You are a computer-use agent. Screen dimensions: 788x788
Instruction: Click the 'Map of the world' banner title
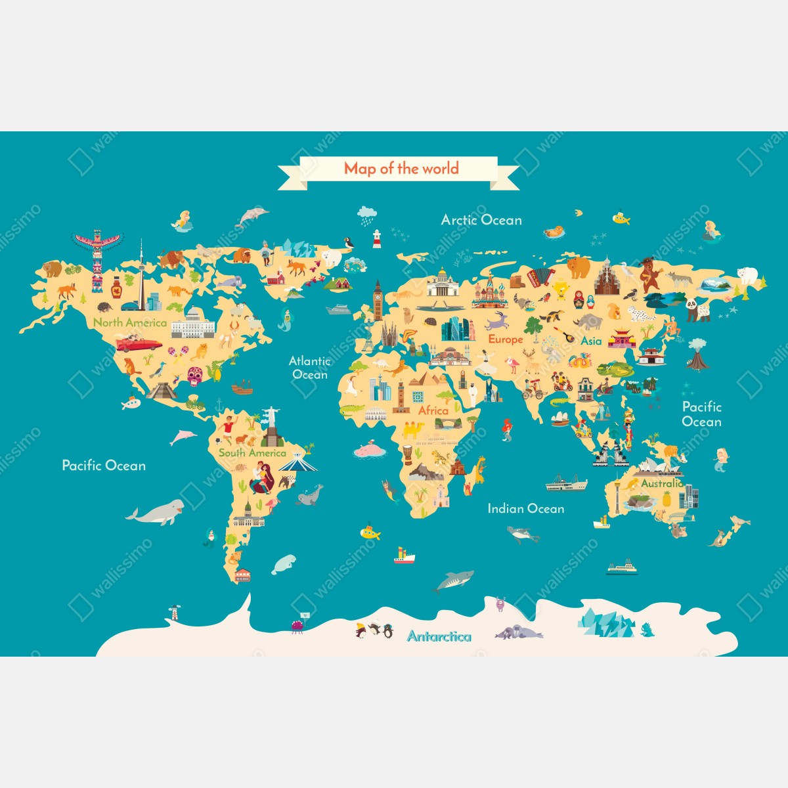click(401, 169)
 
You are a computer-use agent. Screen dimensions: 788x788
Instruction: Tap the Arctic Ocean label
click(481, 220)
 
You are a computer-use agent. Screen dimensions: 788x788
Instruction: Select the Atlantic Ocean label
click(309, 368)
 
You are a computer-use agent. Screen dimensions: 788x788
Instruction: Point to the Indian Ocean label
click(525, 508)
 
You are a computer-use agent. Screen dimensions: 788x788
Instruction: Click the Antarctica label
click(439, 636)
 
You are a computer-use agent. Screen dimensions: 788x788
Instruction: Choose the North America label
click(130, 322)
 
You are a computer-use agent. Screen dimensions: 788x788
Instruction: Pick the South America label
click(252, 453)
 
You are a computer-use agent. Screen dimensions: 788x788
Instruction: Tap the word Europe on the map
click(505, 339)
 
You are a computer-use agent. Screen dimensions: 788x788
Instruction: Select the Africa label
click(433, 410)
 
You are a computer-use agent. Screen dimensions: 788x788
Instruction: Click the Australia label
click(661, 483)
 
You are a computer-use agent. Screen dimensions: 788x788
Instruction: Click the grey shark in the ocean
click(454, 580)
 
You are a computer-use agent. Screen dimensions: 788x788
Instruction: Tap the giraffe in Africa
click(479, 468)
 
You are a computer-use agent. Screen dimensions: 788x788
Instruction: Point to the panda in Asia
click(697, 309)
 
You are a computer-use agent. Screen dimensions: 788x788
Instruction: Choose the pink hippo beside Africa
click(370, 451)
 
